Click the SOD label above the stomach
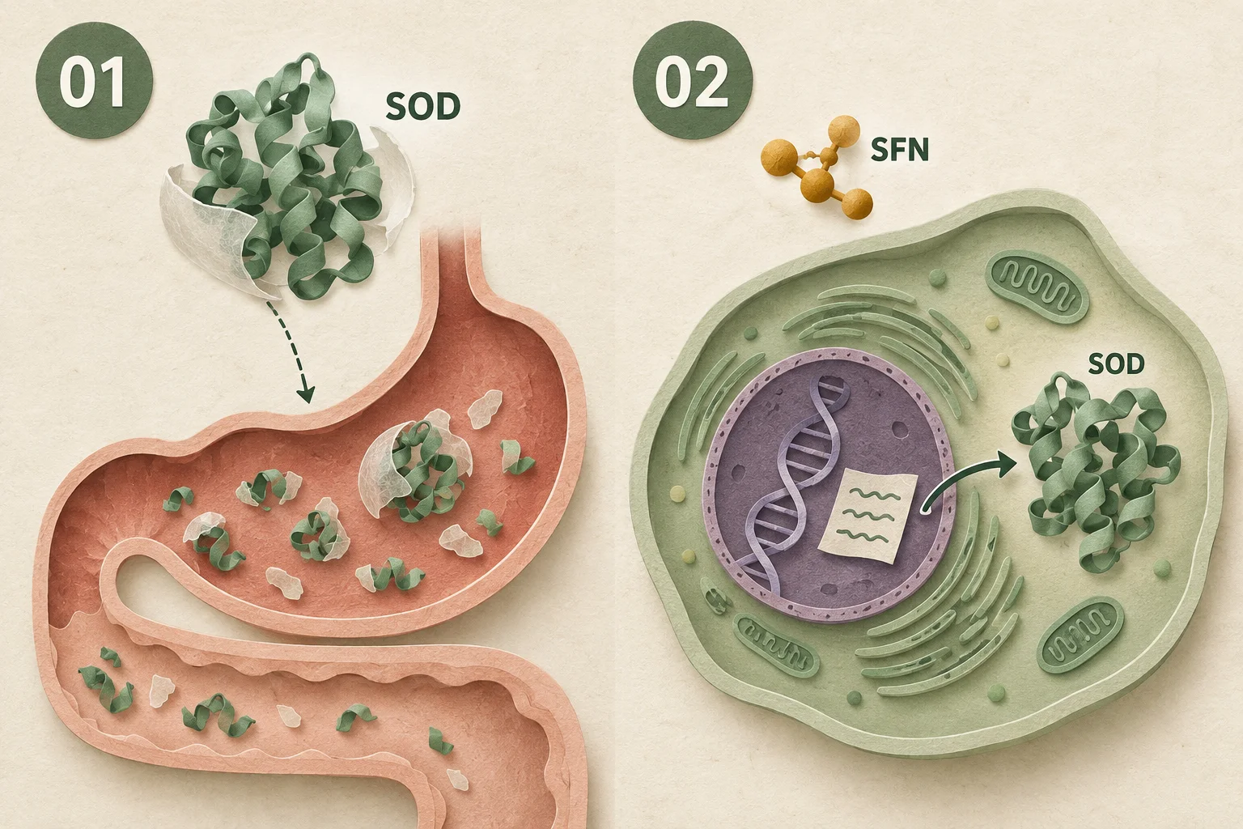tap(423, 107)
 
